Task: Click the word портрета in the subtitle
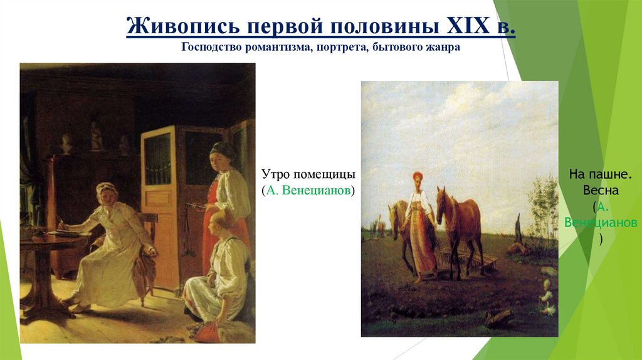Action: click(333, 48)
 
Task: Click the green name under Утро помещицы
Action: click(310, 190)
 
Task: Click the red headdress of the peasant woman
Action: click(416, 177)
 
